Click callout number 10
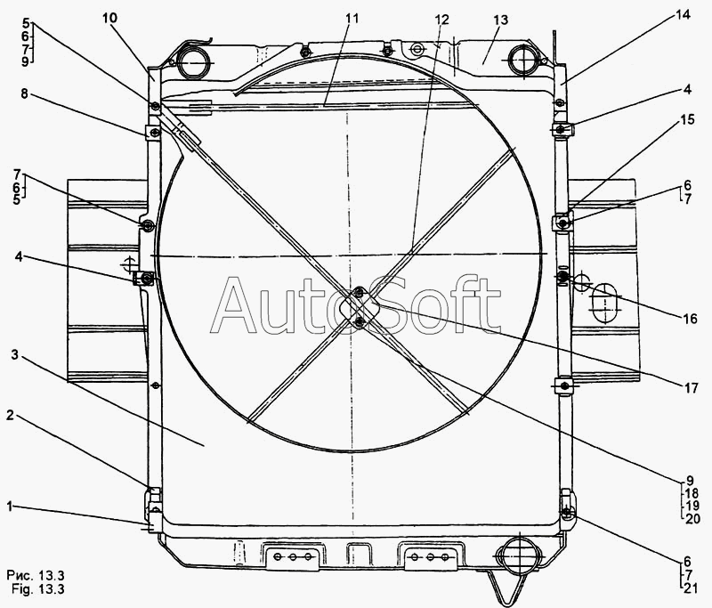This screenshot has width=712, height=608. (109, 18)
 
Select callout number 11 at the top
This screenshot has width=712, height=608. (352, 19)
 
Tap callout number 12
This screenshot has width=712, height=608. (441, 20)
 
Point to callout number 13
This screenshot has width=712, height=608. (501, 20)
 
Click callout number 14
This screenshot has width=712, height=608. (683, 15)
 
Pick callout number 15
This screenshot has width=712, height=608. (687, 120)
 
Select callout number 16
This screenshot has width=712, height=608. (690, 319)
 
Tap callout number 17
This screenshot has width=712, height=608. (691, 388)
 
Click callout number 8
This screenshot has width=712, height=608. (24, 94)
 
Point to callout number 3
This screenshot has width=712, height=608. (15, 354)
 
